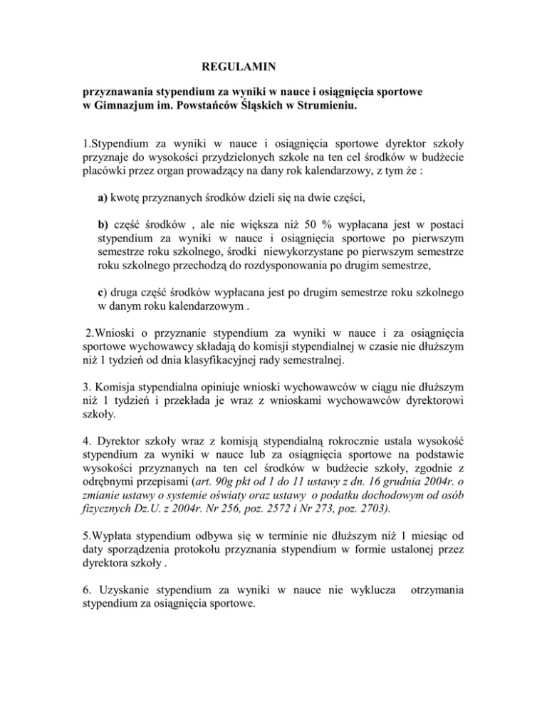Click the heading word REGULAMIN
coord(236,68)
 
